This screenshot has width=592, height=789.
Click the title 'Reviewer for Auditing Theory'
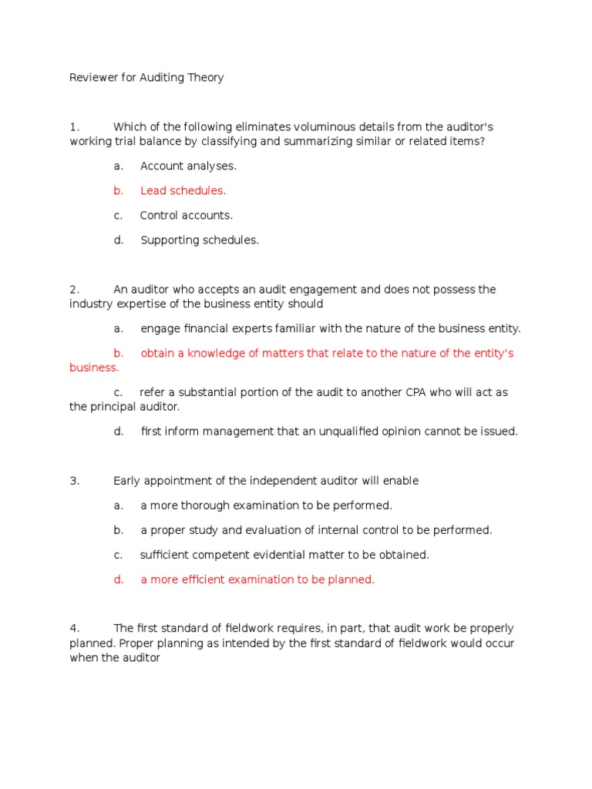[146, 78]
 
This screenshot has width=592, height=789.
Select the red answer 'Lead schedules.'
[183, 190]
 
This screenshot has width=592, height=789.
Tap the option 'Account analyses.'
[188, 166]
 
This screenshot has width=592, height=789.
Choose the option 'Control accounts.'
[186, 215]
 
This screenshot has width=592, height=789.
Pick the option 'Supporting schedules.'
[200, 240]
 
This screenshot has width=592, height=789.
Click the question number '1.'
[75, 127]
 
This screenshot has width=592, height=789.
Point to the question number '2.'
[75, 290]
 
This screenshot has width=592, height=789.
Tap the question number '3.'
[75, 481]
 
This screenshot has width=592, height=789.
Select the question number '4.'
[75, 629]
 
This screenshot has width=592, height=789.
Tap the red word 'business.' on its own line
[94, 368]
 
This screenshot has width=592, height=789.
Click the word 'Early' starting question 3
[128, 481]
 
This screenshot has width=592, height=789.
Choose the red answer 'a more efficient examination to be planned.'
[257, 579]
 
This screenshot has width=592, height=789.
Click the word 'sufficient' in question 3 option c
[166, 555]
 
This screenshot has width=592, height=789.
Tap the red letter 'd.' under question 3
[119, 579]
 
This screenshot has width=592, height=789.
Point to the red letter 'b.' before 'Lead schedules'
[119, 190]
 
